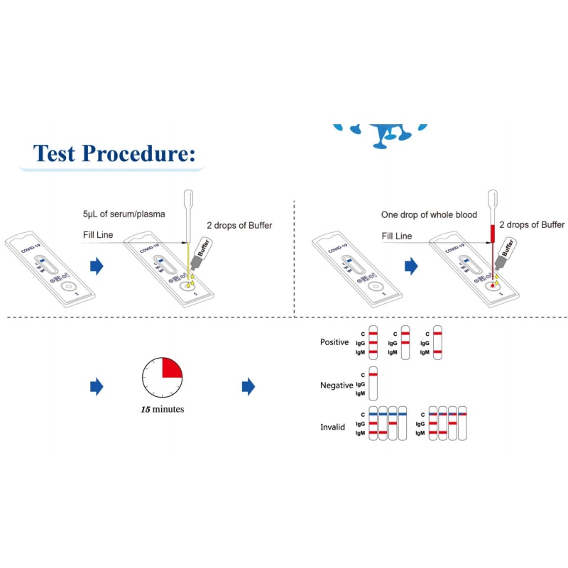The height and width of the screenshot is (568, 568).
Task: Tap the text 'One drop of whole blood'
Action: click(428, 214)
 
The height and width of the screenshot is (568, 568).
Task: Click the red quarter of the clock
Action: click(172, 368)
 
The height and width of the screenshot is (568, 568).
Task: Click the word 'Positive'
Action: click(334, 342)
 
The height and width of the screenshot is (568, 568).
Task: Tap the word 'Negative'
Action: click(336, 385)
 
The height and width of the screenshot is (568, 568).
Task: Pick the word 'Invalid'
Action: click(332, 427)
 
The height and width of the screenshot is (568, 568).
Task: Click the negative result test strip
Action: click(373, 383)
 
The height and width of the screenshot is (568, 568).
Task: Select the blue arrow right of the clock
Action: click(248, 386)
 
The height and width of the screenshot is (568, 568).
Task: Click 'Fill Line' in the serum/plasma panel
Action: click(97, 236)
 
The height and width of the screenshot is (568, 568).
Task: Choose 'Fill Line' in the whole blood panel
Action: click(396, 236)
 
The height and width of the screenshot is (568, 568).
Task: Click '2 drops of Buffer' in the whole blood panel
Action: click(532, 225)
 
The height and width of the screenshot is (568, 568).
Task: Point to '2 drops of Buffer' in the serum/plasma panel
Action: click(240, 226)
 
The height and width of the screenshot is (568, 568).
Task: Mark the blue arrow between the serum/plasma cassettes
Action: click(97, 267)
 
